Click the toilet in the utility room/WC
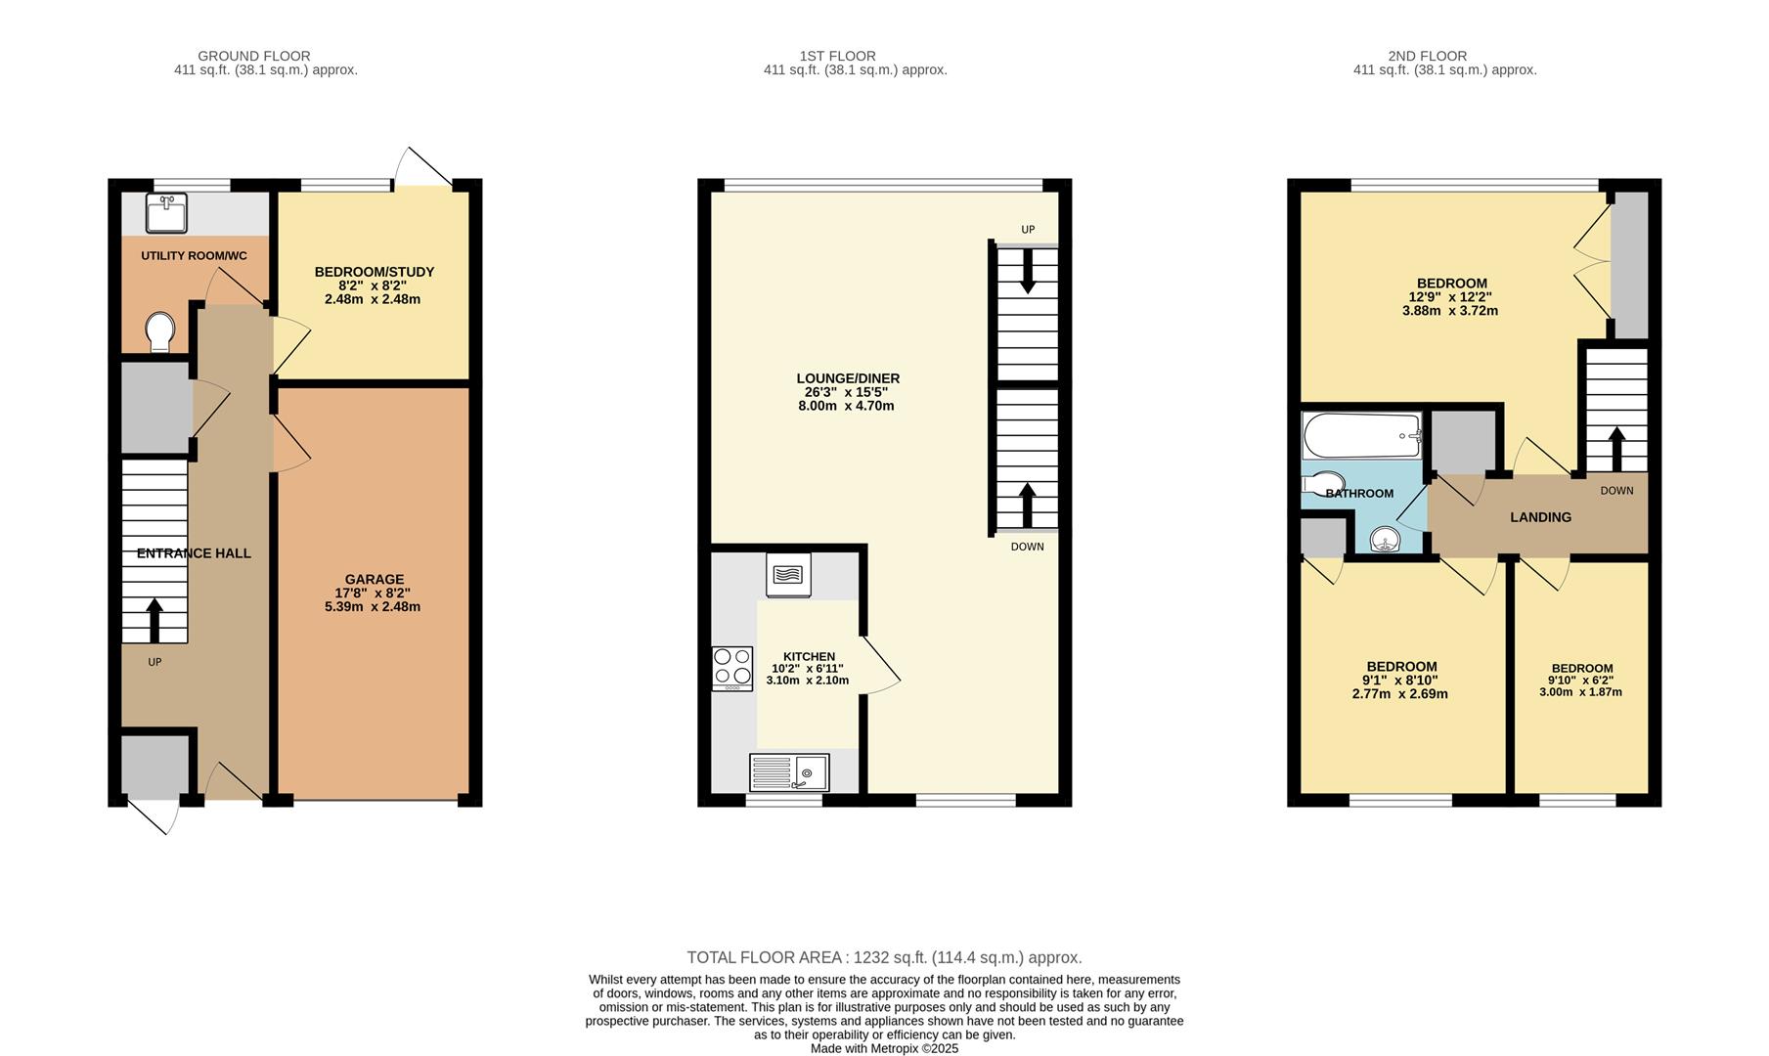click(157, 331)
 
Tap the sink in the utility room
click(166, 213)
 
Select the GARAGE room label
click(374, 579)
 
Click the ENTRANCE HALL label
click(194, 553)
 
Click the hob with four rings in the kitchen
click(732, 667)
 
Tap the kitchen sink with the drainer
click(789, 772)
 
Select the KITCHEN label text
click(809, 656)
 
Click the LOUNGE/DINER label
click(847, 378)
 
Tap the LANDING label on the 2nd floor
click(1540, 517)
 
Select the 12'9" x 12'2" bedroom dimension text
click(1449, 297)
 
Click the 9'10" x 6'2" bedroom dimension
click(1580, 681)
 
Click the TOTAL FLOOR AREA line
click(884, 957)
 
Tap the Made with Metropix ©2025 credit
click(884, 1048)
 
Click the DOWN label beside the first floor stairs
click(1027, 547)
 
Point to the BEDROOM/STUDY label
click(374, 272)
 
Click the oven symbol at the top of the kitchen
click(788, 575)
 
